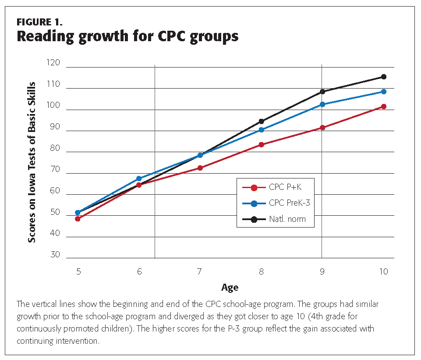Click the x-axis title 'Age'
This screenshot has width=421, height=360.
pos(230,288)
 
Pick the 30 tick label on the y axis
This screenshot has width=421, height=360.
pos(55,255)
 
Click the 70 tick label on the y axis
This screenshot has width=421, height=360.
pos(55,170)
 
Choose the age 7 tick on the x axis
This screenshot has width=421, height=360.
pos(199,272)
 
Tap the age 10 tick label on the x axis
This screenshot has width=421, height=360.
pos(383,272)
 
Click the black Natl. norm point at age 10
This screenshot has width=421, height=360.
pos(384,77)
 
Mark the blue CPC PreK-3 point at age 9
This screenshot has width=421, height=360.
pos(322,104)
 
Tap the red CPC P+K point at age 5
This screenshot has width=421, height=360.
pos(78,219)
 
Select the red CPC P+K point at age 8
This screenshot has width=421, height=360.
pos(262,145)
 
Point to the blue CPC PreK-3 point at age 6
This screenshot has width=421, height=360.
pos(139,178)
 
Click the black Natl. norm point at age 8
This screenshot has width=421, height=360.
pos(262,121)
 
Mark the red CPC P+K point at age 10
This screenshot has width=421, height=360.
pos(384,107)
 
